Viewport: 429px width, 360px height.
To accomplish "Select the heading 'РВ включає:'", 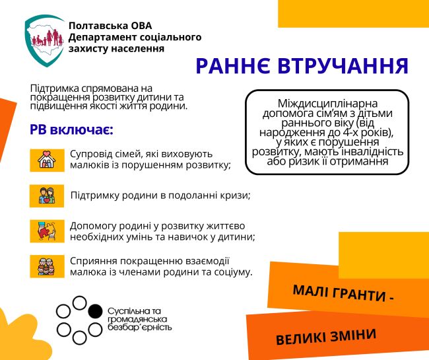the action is pos(71,129).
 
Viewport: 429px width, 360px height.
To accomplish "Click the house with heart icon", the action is pos(47,160).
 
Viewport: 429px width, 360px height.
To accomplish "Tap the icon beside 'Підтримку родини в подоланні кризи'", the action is pos(47,196).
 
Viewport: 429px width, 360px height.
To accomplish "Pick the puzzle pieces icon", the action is pos(47,231).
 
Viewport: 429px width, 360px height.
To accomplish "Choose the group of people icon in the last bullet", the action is pos(47,266).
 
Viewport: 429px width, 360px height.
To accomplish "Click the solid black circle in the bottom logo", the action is pos(95,311).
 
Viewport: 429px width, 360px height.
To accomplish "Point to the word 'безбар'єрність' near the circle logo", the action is pos(139,327).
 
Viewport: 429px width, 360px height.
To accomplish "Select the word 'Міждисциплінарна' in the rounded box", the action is pos(327,104).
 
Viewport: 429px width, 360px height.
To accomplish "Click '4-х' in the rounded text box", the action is pos(352,133).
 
